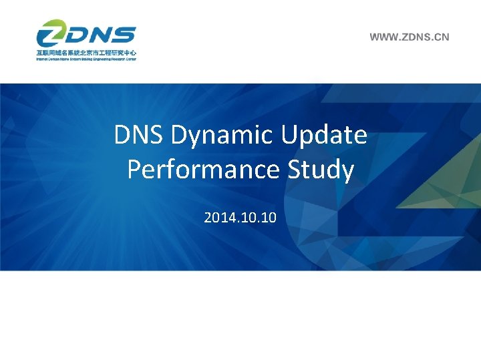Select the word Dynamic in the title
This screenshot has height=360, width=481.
coord(222,136)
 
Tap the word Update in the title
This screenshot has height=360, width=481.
coord(324,135)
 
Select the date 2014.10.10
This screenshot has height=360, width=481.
coord(240,218)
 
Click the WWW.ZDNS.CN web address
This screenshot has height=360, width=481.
coord(410,37)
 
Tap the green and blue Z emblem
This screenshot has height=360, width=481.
coord(51,35)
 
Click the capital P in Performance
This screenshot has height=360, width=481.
coord(134,170)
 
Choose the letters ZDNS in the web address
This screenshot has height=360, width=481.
coord(413,37)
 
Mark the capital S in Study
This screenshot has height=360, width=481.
coord(297,170)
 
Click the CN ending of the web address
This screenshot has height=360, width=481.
coord(442,37)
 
